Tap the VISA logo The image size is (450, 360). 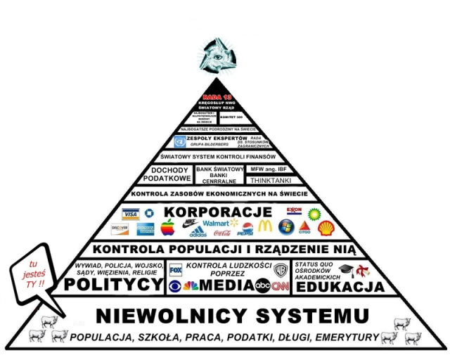coord(129,214)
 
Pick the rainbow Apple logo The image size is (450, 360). coord(167,227)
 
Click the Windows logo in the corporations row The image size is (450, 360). coord(285,227)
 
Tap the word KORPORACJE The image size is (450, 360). coord(213,212)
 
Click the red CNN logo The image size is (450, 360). coord(281,285)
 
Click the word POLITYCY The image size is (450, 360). coord(113,284)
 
